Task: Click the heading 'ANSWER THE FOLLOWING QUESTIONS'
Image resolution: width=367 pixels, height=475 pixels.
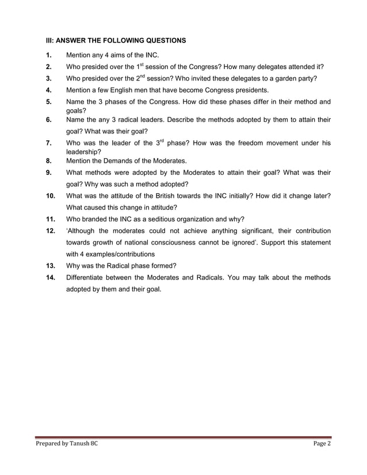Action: (x=121, y=41)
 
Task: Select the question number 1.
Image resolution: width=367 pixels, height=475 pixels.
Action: (x=49, y=56)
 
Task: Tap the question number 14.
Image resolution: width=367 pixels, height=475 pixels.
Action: (x=52, y=278)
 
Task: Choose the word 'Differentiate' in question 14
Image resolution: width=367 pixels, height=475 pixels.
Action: (x=87, y=278)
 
